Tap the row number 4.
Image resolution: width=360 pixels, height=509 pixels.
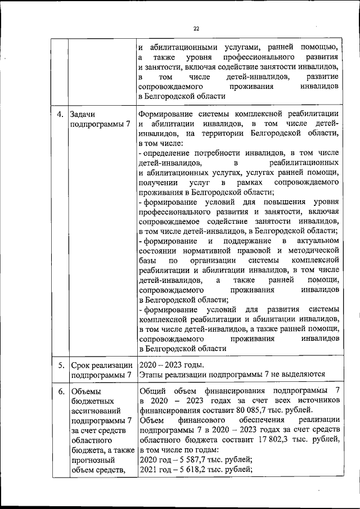tap(60, 114)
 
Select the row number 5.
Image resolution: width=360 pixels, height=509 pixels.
tap(60, 365)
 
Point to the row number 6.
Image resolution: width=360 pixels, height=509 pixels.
tap(60, 390)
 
